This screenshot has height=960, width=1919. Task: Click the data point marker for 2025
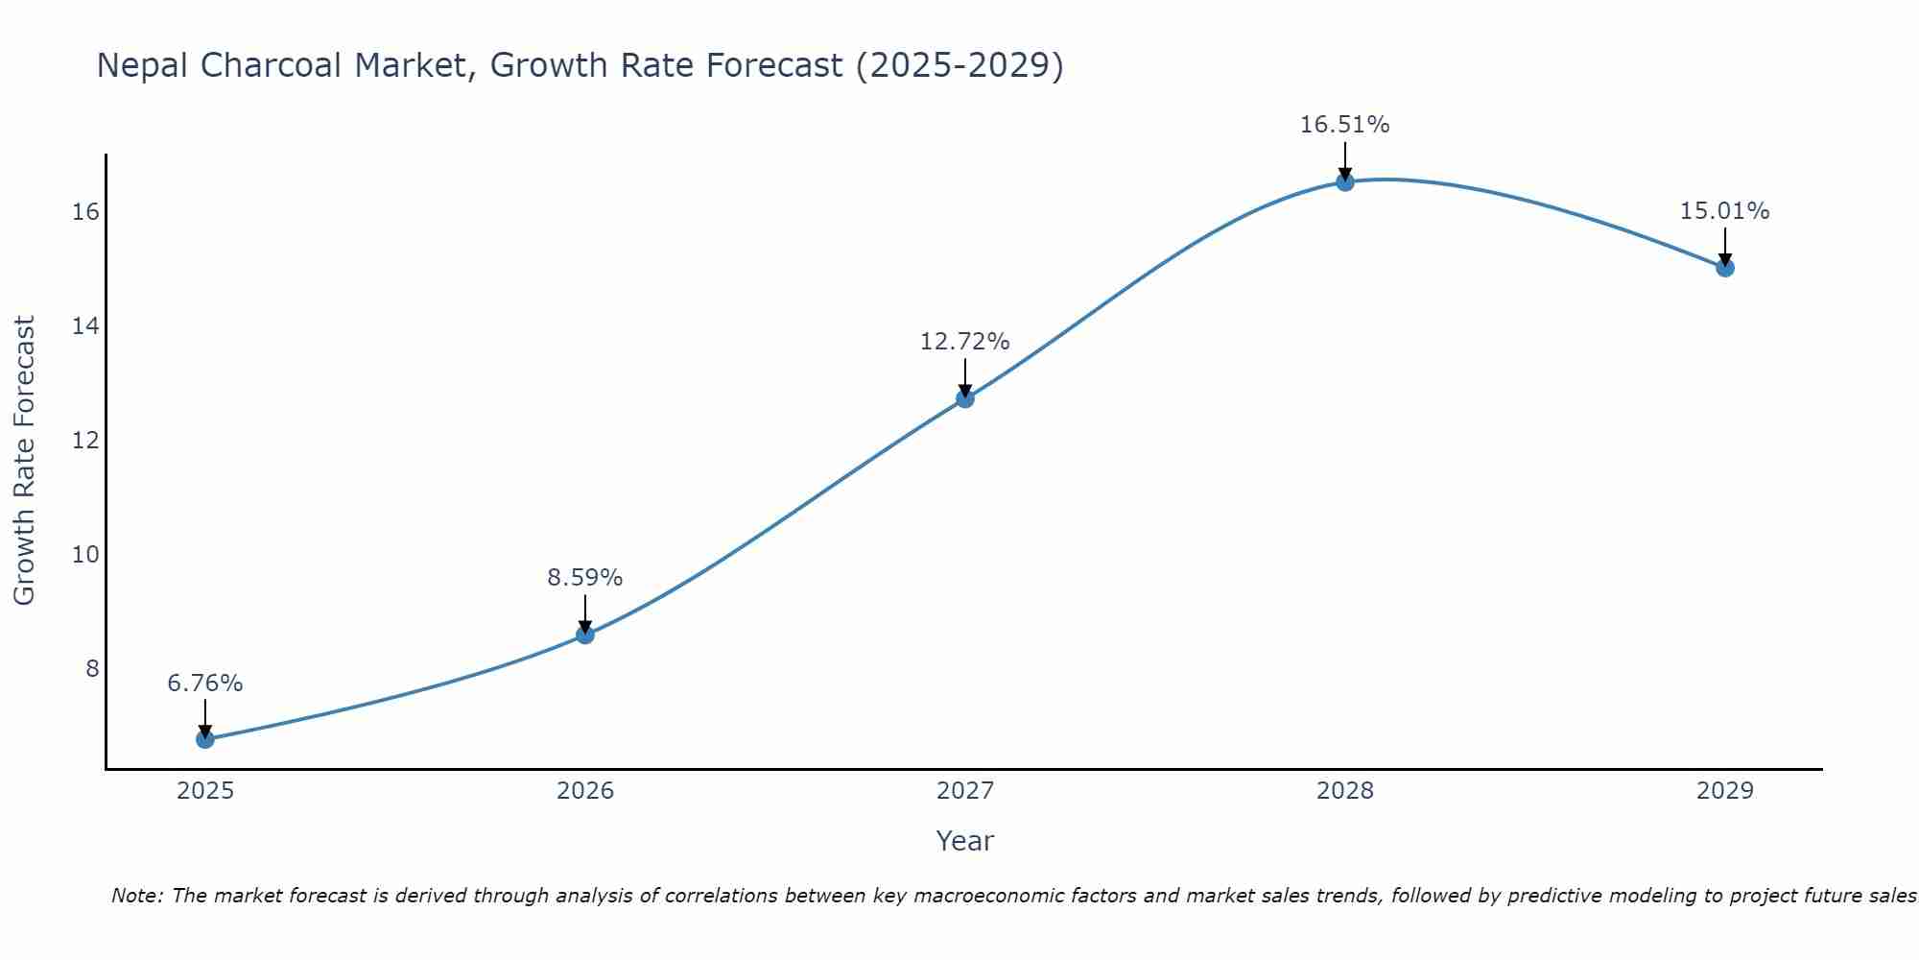pyautogui.click(x=205, y=739)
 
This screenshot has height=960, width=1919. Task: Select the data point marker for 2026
pyautogui.click(x=585, y=635)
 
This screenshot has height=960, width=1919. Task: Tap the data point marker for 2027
pyautogui.click(x=965, y=398)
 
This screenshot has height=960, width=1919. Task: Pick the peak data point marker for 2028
pyautogui.click(x=1345, y=181)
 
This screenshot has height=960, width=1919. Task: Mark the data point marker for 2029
pyautogui.click(x=1725, y=268)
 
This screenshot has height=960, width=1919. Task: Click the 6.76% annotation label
pyautogui.click(x=205, y=684)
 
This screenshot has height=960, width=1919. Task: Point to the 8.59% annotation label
pyautogui.click(x=585, y=578)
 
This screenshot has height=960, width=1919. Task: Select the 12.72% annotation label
pyautogui.click(x=965, y=342)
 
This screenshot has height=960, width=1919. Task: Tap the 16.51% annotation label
pyautogui.click(x=1345, y=125)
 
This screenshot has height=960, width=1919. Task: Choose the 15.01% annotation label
pyautogui.click(x=1725, y=211)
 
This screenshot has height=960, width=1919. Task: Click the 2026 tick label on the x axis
pyautogui.click(x=585, y=791)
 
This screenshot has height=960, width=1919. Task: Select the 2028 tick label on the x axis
pyautogui.click(x=1345, y=791)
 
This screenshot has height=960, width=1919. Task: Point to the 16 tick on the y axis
pyautogui.click(x=85, y=212)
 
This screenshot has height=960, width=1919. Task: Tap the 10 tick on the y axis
pyautogui.click(x=85, y=555)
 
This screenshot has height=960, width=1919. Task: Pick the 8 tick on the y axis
pyautogui.click(x=92, y=669)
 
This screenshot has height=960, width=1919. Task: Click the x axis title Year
pyautogui.click(x=965, y=841)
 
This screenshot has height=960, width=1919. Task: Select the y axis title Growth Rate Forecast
pyautogui.click(x=24, y=461)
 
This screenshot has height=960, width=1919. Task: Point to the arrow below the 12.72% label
pyautogui.click(x=965, y=377)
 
